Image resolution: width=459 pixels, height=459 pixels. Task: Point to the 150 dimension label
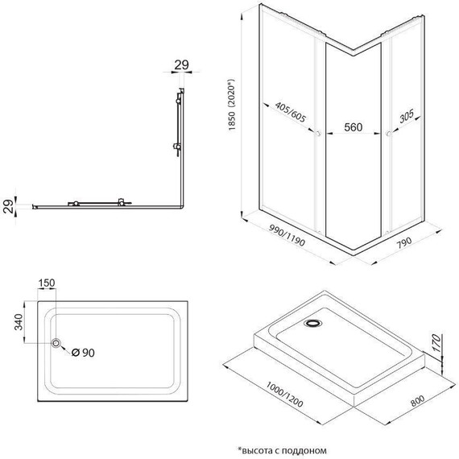(47, 283)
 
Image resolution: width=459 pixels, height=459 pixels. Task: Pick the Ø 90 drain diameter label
(85, 352)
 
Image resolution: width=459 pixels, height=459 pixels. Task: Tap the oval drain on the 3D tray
(312, 325)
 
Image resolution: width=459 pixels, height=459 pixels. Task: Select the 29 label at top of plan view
(181, 64)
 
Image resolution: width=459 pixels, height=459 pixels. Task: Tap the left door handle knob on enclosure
(320, 133)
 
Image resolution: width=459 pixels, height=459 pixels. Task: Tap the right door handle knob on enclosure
(388, 133)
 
